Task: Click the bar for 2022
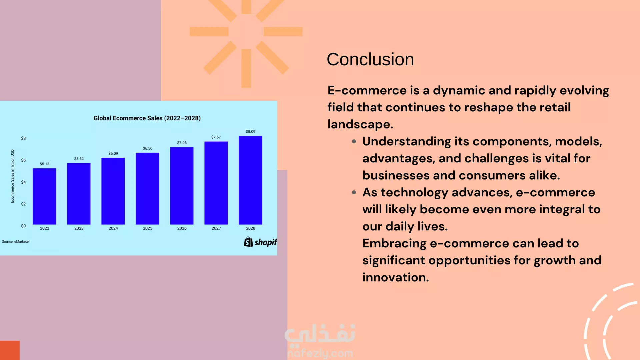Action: click(x=44, y=196)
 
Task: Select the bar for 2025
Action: click(x=147, y=189)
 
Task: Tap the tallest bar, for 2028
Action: click(x=250, y=180)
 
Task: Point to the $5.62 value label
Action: click(x=79, y=159)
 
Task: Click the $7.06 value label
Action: click(x=182, y=143)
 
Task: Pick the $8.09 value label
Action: click(x=251, y=132)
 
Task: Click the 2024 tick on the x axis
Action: click(x=113, y=228)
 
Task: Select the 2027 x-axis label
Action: click(x=216, y=228)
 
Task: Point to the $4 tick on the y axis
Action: click(x=23, y=182)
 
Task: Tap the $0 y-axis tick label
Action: click(x=23, y=226)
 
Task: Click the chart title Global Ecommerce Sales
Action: click(x=147, y=118)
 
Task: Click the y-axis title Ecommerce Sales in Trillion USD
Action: click(x=12, y=176)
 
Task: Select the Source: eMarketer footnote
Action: click(x=16, y=242)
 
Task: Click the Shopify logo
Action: click(x=260, y=242)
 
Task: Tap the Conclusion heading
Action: click(x=370, y=60)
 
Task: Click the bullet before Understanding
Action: click(x=354, y=142)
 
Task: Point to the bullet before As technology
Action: click(x=354, y=193)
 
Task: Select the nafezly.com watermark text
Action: click(x=320, y=353)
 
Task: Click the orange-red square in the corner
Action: click(x=10, y=350)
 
